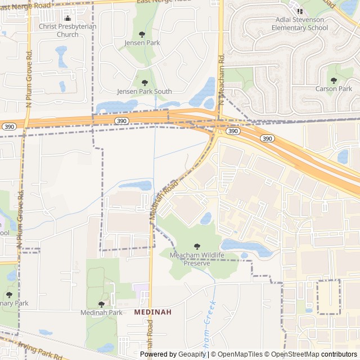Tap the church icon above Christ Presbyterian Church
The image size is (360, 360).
[67, 18]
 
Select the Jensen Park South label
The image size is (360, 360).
[145, 91]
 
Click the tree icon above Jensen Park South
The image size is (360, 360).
[145, 83]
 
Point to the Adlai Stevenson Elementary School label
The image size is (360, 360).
[299, 24]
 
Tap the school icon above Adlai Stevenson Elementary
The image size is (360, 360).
[299, 11]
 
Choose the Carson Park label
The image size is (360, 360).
[334, 88]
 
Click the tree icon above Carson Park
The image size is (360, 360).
[334, 80]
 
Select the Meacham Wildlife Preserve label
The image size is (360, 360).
[197, 259]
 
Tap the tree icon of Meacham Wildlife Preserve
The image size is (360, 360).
[197, 246]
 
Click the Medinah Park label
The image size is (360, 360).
[101, 313]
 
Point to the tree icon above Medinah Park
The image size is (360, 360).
[101, 304]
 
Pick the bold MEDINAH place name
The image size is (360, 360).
[153, 312]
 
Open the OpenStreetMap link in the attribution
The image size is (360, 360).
[296, 354]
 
